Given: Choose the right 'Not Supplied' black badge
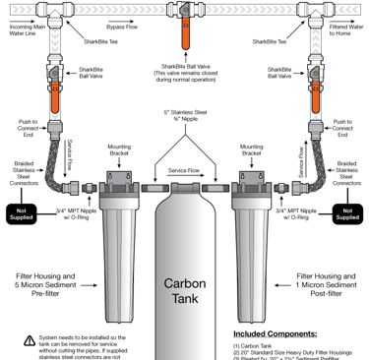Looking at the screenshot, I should tap(347, 212).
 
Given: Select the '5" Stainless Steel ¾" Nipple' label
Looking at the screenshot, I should tap(185, 118).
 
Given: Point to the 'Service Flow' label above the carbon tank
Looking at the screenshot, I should tap(184, 171).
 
